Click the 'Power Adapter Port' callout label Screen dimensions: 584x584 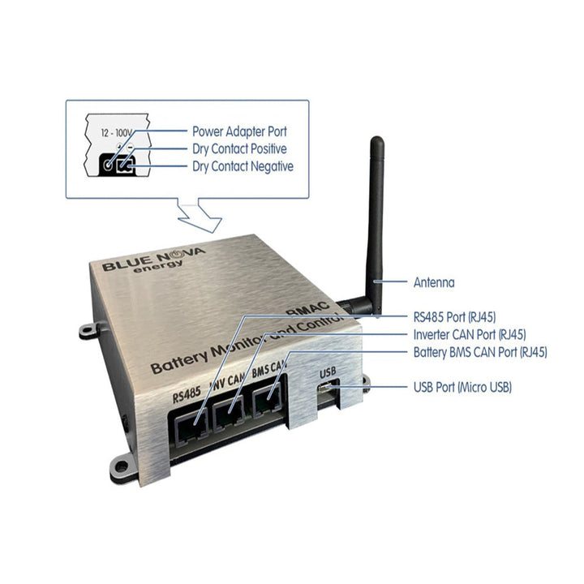point(239,131)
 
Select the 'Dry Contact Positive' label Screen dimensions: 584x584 point(239,148)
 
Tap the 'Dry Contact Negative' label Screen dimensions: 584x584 point(243,166)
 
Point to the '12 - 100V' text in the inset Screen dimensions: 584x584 point(116,132)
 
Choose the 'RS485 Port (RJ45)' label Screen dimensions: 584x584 point(455,317)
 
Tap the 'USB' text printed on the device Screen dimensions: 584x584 point(328,371)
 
